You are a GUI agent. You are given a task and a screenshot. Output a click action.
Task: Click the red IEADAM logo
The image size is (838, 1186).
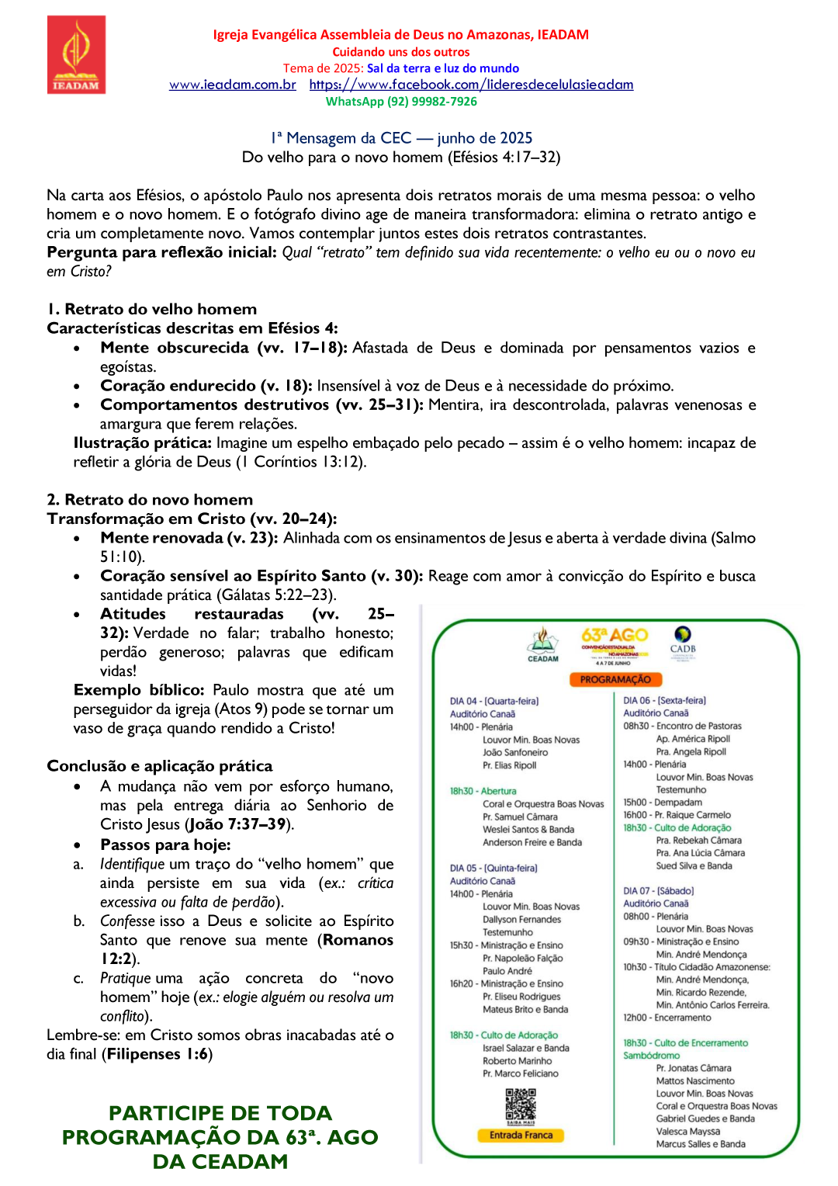pyautogui.click(x=76, y=55)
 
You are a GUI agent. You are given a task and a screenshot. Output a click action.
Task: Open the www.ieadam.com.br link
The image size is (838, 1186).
pyautogui.click(x=232, y=85)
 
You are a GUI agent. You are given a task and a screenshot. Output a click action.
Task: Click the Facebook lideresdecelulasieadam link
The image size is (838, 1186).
pyautogui.click(x=471, y=85)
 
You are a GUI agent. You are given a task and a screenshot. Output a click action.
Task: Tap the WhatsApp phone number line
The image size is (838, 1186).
pyautogui.click(x=401, y=102)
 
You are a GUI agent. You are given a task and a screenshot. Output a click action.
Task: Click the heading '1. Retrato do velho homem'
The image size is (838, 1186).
pyautogui.click(x=152, y=309)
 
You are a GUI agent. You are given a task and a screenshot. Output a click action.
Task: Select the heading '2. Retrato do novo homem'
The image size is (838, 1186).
pyautogui.click(x=150, y=500)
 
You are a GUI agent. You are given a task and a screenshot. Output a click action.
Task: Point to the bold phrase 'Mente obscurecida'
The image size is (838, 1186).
pyautogui.click(x=175, y=348)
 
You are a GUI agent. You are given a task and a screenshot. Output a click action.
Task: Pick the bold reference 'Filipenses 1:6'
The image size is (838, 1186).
pyautogui.click(x=159, y=1054)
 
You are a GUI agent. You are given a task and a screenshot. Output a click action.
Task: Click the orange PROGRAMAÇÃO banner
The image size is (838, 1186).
pyautogui.click(x=615, y=679)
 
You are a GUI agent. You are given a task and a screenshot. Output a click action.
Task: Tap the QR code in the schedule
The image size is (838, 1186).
pyautogui.click(x=521, y=1104)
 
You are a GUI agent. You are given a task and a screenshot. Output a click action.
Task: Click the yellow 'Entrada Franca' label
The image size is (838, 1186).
pyautogui.click(x=521, y=1135)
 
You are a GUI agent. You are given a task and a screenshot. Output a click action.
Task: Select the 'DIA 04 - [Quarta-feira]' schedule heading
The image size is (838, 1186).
pyautogui.click(x=493, y=701)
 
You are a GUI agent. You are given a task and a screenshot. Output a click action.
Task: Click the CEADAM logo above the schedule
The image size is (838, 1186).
pyautogui.click(x=543, y=644)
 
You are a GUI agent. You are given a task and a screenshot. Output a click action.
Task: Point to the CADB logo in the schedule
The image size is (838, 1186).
pyautogui.click(x=683, y=640)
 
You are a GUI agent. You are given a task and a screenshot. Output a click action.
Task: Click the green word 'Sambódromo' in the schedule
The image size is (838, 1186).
pyautogui.click(x=651, y=1056)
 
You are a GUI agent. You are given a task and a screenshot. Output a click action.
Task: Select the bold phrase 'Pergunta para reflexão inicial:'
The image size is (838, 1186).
pyautogui.click(x=161, y=252)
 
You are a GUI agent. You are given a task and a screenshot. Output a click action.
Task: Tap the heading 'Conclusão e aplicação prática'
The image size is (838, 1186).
pyautogui.click(x=160, y=766)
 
